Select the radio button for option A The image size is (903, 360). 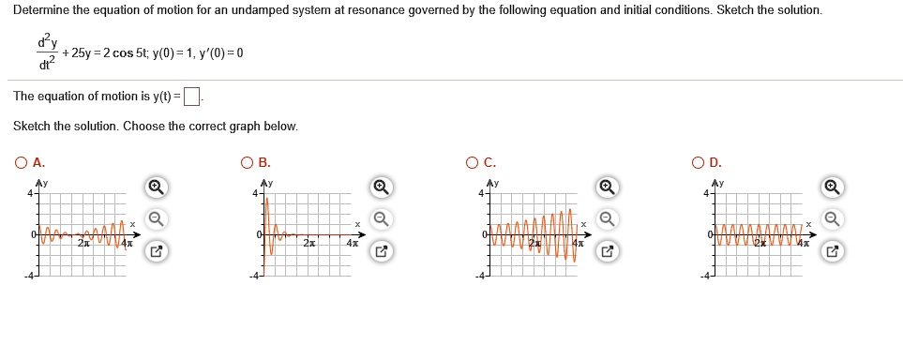(21, 162)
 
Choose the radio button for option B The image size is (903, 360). (247, 162)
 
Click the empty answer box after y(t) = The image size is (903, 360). (192, 97)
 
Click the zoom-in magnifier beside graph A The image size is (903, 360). (158, 187)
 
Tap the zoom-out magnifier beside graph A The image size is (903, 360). (158, 219)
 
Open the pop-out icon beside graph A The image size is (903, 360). (158, 251)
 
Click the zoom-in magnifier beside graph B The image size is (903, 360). (381, 187)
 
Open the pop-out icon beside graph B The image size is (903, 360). (381, 251)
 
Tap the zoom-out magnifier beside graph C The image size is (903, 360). (607, 219)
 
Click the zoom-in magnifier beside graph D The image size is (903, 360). (832, 187)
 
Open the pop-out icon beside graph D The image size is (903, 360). (832, 251)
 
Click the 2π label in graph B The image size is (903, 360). (309, 244)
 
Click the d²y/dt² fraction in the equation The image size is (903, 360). (44, 52)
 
